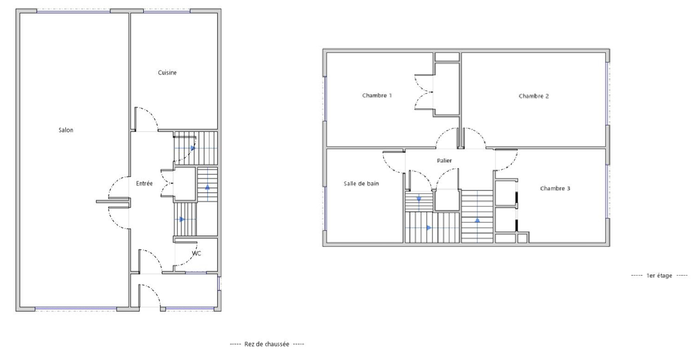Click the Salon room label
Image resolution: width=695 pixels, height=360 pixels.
(66, 130)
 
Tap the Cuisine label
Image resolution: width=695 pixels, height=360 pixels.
(167, 73)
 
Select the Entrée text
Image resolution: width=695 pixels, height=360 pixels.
(144, 183)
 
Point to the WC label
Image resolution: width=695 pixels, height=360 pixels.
(196, 253)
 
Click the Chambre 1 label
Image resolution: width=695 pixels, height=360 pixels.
(377, 96)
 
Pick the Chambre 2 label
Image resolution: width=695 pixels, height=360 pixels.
(533, 96)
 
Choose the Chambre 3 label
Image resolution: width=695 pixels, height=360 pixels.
(555, 189)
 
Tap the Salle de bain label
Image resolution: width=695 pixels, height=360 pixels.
(361, 183)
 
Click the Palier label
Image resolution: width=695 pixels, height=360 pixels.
(444, 161)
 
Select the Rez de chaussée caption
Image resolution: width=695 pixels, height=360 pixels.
(267, 344)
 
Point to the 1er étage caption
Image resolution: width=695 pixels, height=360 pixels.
(659, 276)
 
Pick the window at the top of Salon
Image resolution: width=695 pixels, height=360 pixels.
(74, 11)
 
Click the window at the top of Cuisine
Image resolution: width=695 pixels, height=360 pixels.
(167, 11)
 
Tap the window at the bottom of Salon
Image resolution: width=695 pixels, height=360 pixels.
(76, 309)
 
